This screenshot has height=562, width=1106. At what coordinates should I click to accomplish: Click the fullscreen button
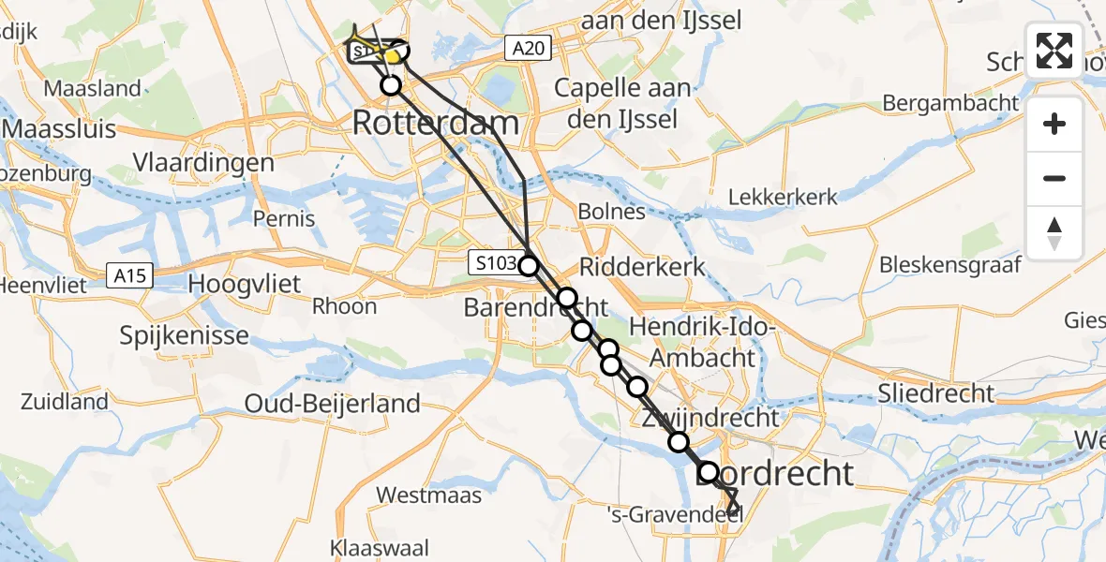pos(1054,51)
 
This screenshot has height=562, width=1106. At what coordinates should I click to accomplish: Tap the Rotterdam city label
pos(436,123)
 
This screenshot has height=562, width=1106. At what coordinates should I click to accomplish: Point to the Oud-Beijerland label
pos(332,404)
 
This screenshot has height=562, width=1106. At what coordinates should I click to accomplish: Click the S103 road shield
pos(494,262)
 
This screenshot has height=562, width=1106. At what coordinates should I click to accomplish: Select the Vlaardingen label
pos(203,162)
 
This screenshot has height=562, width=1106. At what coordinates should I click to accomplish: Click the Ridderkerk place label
pos(643,266)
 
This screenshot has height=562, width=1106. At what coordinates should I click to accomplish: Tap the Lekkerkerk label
pos(783,197)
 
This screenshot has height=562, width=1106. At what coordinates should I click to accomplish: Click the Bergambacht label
pos(950,102)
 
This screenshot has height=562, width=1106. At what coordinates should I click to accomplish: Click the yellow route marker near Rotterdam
pos(393,56)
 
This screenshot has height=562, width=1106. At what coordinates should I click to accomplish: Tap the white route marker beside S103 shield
pos(530,266)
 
